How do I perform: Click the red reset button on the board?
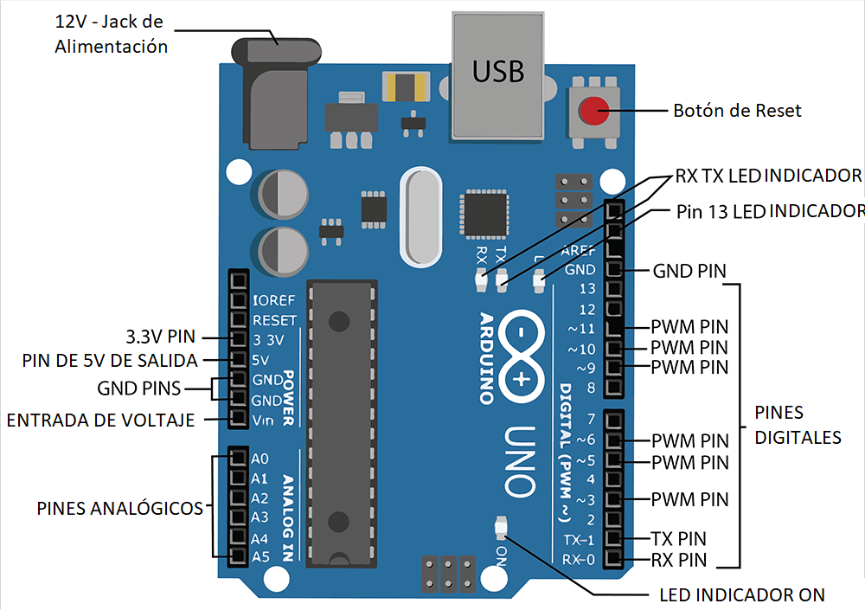coord(593,111)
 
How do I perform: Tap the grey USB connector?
coord(498,76)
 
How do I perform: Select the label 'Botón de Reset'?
coord(737,111)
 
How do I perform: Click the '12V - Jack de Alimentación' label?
coord(111,34)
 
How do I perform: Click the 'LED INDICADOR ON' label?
coord(742,594)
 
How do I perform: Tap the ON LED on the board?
coord(501,528)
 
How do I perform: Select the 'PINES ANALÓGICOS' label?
coord(119,508)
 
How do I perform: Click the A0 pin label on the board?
coord(259,459)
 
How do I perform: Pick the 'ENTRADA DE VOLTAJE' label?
coord(100,421)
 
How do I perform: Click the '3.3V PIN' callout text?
coord(161,337)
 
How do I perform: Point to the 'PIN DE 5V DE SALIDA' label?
coord(110,361)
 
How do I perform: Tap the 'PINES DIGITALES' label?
coord(798,425)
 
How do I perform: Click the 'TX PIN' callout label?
coord(678,538)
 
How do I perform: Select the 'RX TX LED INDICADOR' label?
coord(768,176)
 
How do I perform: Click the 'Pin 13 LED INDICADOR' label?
coord(770,211)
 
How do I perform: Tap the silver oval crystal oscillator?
coord(421,217)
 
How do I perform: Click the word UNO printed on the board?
coord(520,461)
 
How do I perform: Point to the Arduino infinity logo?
coord(521,356)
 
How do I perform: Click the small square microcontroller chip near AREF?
coord(484,214)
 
